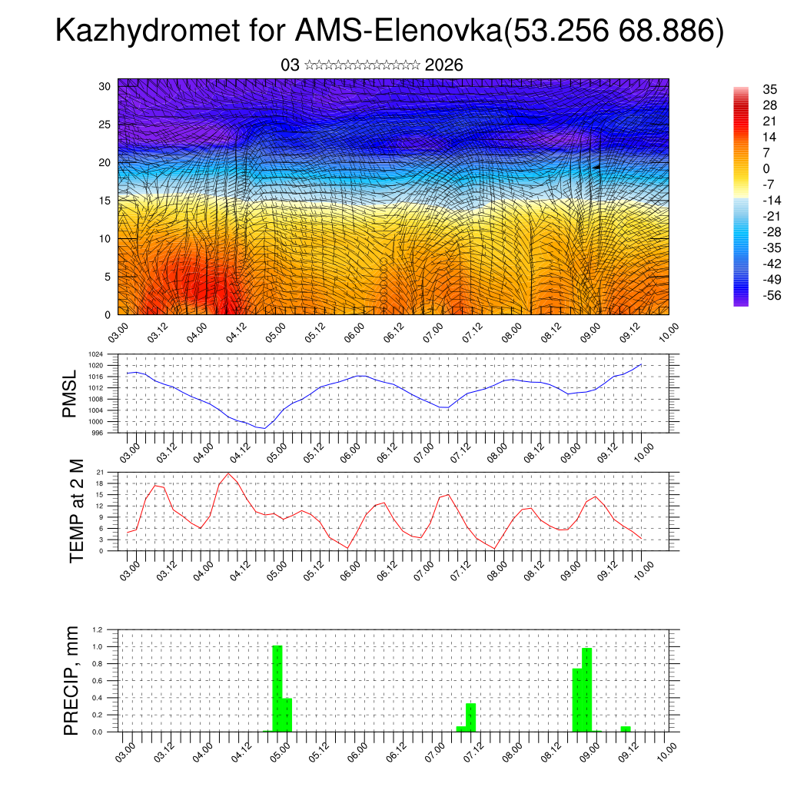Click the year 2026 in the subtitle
coord(443,65)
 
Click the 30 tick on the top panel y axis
coord(105,86)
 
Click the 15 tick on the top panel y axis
coord(105,201)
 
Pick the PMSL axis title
coord(71,393)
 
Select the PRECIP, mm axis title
coord(71,680)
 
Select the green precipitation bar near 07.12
coord(471,717)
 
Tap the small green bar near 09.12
coord(626,729)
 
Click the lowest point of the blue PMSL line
coord(264,428)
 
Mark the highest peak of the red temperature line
coord(228,473)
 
